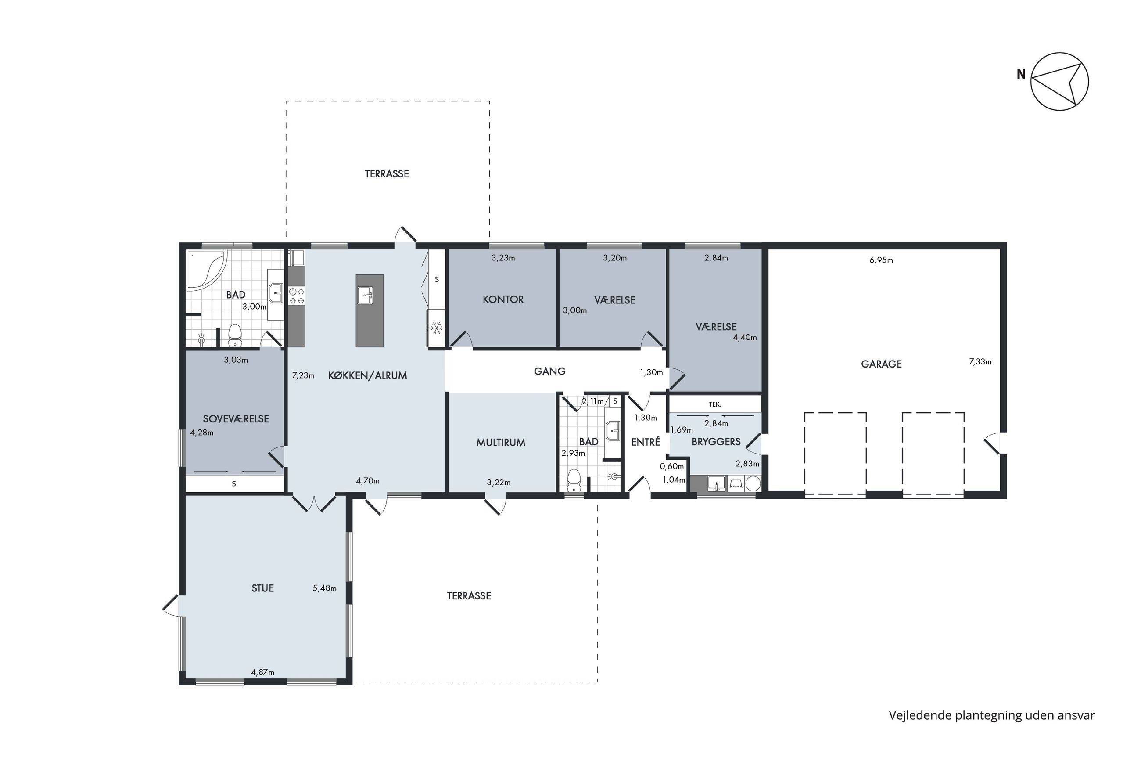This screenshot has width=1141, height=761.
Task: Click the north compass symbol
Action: pos(1059,81)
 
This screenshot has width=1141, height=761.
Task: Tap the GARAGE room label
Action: pos(881,364)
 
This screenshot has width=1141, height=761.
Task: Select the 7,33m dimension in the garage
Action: pos(980,361)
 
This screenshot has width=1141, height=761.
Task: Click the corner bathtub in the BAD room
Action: pos(206,270)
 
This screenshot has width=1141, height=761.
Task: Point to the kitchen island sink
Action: pos(369,295)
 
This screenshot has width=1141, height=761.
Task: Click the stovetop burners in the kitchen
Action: pos(296,296)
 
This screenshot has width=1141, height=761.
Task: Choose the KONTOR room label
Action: pos(503,299)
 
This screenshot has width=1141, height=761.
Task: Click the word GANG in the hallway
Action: pos(549,371)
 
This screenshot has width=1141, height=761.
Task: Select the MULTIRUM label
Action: pos(500,442)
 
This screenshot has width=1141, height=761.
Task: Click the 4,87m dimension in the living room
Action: pos(262,672)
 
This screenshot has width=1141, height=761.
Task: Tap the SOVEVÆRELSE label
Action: pos(236,419)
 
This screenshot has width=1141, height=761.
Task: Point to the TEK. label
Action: pos(715,404)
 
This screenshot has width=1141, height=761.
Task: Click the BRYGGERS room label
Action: pos(716,442)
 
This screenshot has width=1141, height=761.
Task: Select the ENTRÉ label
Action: pos(646,442)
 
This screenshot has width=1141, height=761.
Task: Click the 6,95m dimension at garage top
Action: pos(881,260)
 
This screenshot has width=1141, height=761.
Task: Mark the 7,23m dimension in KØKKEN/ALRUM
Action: pos(303,375)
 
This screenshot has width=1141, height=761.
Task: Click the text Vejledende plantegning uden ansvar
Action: pos(992,715)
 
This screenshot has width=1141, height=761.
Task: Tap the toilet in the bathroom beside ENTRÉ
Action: pos(574,480)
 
